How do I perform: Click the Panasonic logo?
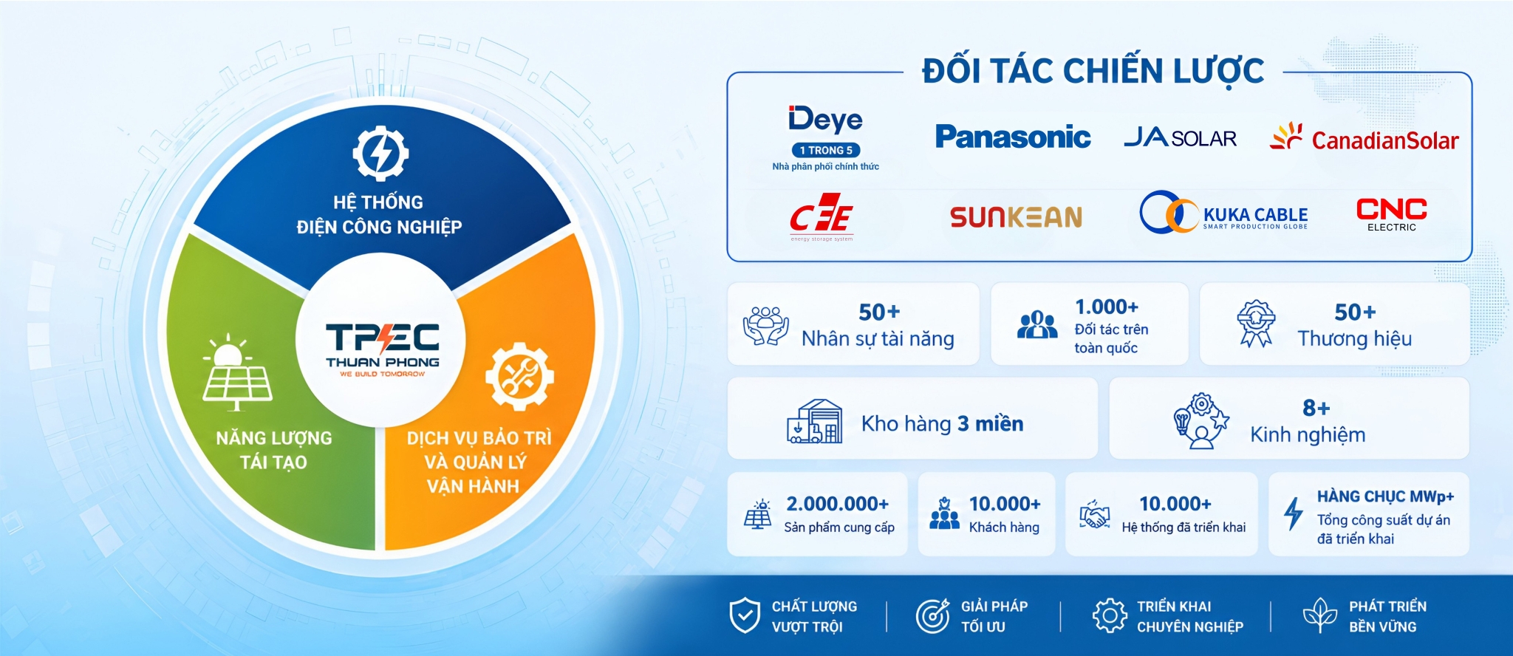click(x=1013, y=137)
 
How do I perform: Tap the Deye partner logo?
click(x=825, y=119)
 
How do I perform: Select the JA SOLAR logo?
click(x=1180, y=137)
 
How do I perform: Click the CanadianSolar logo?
click(x=1364, y=137)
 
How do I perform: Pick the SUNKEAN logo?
click(x=1016, y=216)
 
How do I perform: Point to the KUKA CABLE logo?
click(x=1223, y=213)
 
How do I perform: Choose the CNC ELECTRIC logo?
click(x=1392, y=214)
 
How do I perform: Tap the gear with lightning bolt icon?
click(x=380, y=154)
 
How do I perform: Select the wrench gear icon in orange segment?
click(x=519, y=376)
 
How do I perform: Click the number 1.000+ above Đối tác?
click(x=1107, y=307)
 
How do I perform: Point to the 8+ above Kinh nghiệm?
click(x=1316, y=408)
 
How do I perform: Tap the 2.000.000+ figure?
click(x=837, y=504)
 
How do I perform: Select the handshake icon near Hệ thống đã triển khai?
click(x=1094, y=514)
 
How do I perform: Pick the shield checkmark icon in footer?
click(x=745, y=615)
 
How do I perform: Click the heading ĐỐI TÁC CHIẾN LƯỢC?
click(x=1093, y=72)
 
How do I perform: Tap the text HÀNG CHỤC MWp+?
click(x=1385, y=496)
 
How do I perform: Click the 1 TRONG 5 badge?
click(x=826, y=150)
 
